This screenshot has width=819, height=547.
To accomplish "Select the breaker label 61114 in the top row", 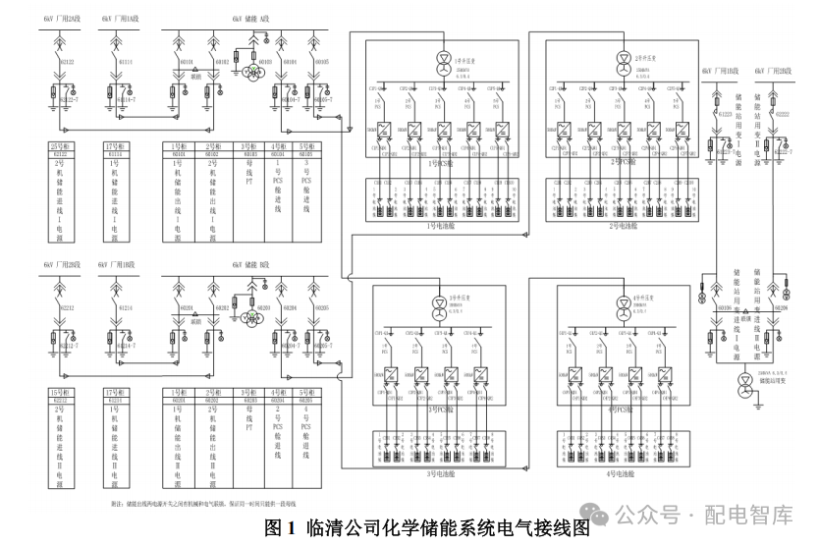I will point(125,62).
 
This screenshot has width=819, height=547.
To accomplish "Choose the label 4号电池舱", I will point(622,473).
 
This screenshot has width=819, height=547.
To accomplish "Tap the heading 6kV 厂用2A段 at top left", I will point(61,18).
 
